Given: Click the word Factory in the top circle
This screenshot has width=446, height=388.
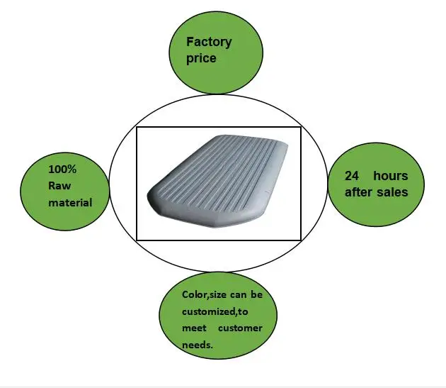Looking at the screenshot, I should (208, 42).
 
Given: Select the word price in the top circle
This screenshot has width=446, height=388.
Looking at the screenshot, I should (201, 58).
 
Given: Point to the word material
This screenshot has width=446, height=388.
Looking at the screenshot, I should (70, 203).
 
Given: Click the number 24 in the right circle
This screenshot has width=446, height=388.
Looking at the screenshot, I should (353, 175).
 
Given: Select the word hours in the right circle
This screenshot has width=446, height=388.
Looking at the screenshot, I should (391, 175).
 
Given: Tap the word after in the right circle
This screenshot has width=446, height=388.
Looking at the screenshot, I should (360, 192).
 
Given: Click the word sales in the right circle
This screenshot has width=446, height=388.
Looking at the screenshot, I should (394, 192).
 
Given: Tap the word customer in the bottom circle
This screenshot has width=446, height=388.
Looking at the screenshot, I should (240, 327).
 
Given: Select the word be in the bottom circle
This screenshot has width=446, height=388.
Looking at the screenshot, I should (257, 294).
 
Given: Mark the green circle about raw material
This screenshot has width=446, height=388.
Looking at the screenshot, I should (65, 187).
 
